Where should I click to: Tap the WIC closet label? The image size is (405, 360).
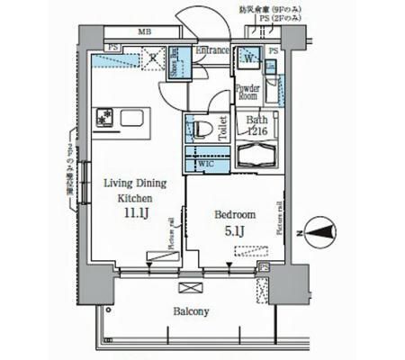coord(205,164)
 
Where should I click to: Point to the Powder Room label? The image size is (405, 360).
coord(247,93)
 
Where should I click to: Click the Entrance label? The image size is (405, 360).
coord(212,50)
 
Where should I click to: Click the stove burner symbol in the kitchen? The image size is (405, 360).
coord(103,116)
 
